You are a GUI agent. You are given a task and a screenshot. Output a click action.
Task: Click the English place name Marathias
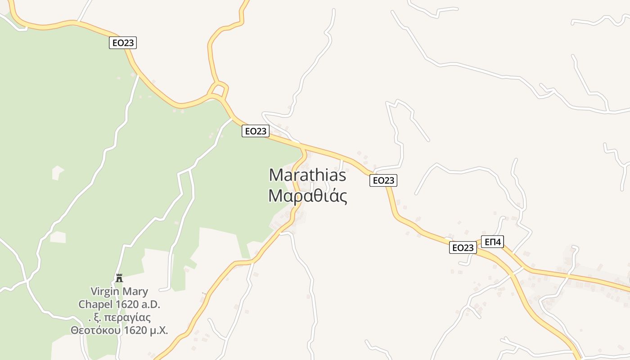pos(308,175)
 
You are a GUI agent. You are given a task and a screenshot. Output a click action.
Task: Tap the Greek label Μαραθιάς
pos(308,196)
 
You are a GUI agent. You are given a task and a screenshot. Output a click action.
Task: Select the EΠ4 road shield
pos(492,242)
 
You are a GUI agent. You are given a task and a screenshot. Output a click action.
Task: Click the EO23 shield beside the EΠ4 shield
pos(463,247)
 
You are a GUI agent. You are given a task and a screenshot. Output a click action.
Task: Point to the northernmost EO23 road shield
pos(123,43)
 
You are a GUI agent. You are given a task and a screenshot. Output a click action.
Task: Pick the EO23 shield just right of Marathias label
pos(383,180)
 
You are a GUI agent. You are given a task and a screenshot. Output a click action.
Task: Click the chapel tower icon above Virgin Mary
pos(119,278)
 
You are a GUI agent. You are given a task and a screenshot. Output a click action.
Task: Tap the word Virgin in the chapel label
pos(105,292)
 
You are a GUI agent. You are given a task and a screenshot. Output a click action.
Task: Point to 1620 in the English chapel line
pos(126,305)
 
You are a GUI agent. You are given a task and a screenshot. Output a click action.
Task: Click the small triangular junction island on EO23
pos(219,88)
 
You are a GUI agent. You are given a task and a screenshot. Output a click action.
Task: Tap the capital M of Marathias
pos(277,175)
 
